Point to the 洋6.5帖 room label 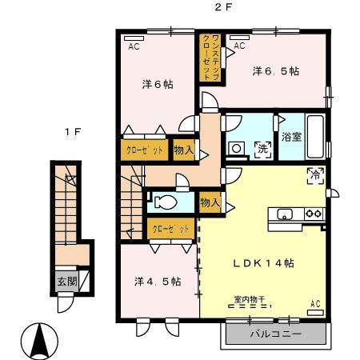pos(276,71)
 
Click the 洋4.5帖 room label pos(157,282)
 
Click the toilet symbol pos(166,201)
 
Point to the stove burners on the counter pos(313,214)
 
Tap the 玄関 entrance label pos(67,281)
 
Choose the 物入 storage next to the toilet pos(210,202)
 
